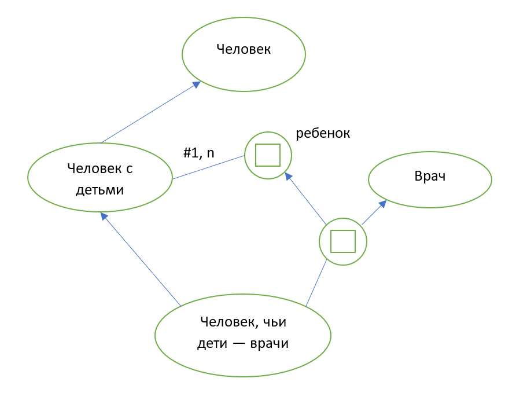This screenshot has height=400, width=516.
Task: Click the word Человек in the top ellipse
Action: click(244, 50)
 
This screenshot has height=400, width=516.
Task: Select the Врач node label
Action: click(430, 177)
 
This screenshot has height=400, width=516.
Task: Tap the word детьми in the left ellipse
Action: click(100, 189)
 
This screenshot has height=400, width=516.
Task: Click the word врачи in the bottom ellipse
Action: click(269, 343)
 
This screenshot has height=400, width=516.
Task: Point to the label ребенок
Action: click(323, 133)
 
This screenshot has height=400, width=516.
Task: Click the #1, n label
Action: click(199, 153)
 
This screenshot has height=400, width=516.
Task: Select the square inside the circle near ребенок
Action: click(268, 155)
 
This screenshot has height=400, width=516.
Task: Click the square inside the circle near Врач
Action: click(343, 241)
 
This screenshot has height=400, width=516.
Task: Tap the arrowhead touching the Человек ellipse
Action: click(196, 85)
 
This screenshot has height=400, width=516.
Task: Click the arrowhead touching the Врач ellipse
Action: click(383, 204)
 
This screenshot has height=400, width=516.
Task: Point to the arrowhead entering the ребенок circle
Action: click(288, 176)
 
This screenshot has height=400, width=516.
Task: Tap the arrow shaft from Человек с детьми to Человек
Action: click(148, 114)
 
